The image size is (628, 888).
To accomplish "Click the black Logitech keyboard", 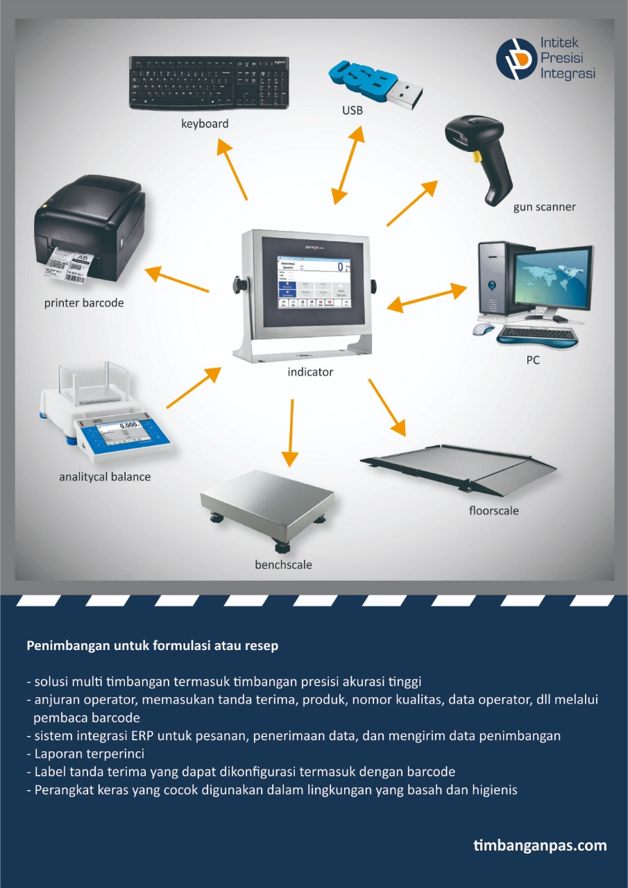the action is [x=209, y=83].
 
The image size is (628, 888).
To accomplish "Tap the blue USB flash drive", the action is [x=375, y=85].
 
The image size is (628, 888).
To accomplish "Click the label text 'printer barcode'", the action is [x=84, y=303].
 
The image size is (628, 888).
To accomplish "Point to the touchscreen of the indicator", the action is [x=314, y=282].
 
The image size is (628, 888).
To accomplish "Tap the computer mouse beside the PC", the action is [x=484, y=329].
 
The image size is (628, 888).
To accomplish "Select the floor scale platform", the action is [x=459, y=469].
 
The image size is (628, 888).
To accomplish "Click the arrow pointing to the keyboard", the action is [x=232, y=169].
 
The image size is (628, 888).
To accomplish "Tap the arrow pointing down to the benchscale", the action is [x=291, y=433].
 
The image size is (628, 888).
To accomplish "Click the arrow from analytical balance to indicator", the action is [x=194, y=387].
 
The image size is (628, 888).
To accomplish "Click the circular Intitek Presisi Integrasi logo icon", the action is [x=516, y=58].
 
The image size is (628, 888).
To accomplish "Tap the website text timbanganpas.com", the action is [x=540, y=846].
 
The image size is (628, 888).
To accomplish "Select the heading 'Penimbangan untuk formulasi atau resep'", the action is [x=152, y=645].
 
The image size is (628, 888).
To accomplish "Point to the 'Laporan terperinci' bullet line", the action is [x=85, y=753].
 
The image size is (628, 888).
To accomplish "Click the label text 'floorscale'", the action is [x=493, y=511].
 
